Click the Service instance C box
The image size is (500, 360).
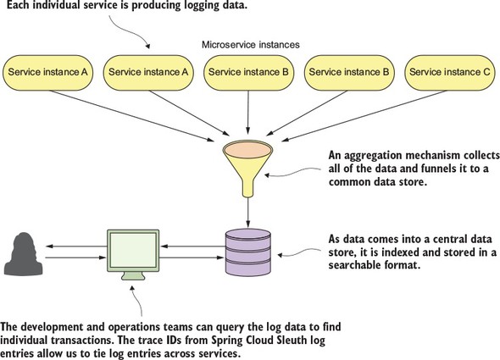(x=450, y=72)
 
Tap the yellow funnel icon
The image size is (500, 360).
(x=247, y=169)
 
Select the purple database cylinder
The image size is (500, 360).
(x=247, y=252)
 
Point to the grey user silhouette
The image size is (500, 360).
(x=23, y=253)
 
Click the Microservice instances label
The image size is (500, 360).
(x=251, y=45)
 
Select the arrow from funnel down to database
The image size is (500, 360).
(x=248, y=213)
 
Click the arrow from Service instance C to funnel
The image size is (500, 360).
(x=364, y=115)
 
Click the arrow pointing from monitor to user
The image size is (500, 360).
(x=76, y=246)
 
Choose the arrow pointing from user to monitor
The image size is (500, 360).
(x=75, y=258)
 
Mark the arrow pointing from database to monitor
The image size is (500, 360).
(x=193, y=246)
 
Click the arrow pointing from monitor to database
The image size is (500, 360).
(x=192, y=258)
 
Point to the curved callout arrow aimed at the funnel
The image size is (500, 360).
(x=292, y=172)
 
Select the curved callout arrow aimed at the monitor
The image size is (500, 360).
(x=138, y=300)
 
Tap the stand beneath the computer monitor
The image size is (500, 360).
(x=133, y=276)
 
